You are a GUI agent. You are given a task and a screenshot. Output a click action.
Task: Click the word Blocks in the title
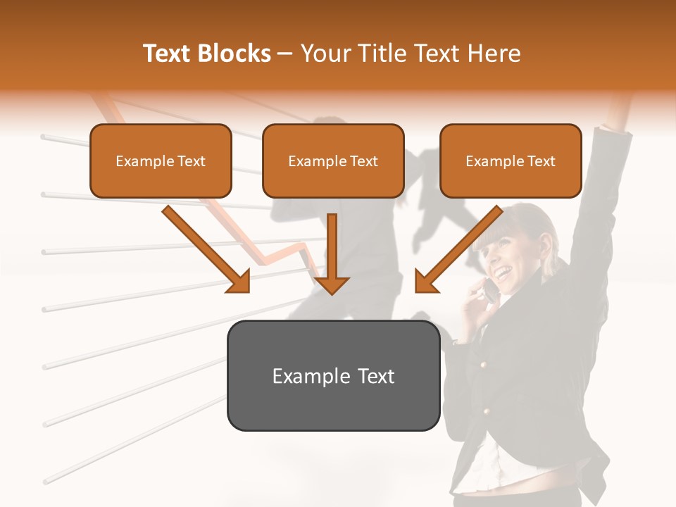[x=234, y=54]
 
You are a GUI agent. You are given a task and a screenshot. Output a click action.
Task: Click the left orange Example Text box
[x=161, y=161]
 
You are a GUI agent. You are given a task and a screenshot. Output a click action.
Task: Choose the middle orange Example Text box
[x=333, y=161]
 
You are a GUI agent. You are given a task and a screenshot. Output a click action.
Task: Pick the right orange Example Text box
[x=511, y=161]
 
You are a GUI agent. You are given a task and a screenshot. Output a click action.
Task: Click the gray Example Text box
[x=333, y=375]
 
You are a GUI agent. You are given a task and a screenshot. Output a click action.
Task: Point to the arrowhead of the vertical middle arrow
[x=332, y=284]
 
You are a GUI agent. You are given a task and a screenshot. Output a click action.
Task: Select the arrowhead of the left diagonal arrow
[x=239, y=282]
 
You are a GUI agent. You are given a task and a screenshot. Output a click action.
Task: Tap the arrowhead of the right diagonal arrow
[x=425, y=282]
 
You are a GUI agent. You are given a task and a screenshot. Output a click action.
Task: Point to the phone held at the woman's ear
[x=488, y=289]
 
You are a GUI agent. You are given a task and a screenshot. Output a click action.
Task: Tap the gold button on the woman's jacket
[x=483, y=364]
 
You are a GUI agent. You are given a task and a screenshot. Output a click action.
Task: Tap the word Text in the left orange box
[x=192, y=161]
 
